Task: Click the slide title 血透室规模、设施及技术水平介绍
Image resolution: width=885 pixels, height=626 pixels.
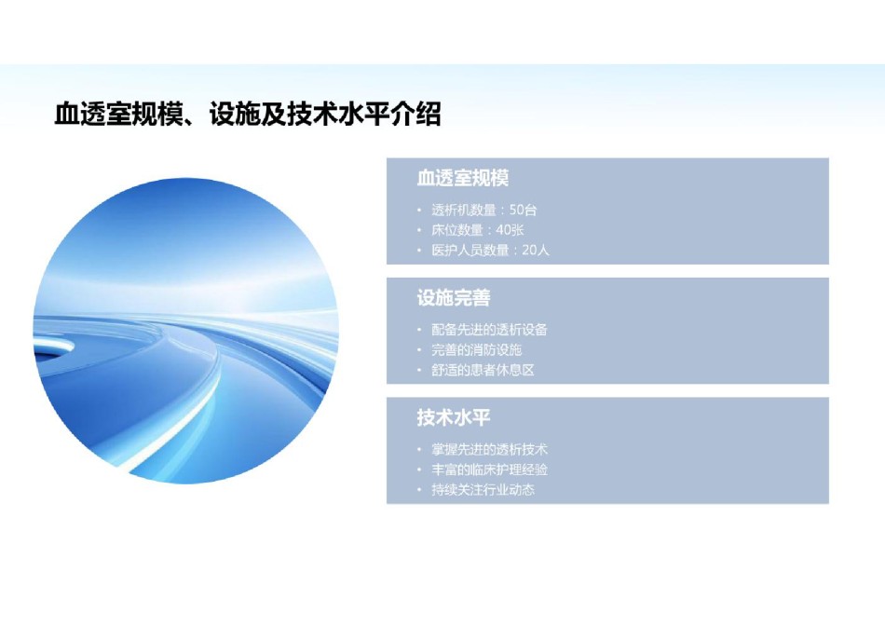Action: [247, 114]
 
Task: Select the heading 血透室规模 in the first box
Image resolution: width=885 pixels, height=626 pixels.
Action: [463, 178]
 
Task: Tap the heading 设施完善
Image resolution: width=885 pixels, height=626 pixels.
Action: [454, 298]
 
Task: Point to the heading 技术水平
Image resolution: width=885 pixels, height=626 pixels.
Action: [454, 417]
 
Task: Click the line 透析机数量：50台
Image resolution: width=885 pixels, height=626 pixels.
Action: [484, 210]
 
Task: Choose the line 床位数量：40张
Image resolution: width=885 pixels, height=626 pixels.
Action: [478, 230]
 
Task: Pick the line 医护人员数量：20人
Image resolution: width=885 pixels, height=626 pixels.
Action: [490, 250]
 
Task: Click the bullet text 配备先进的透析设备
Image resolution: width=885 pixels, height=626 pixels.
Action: [489, 330]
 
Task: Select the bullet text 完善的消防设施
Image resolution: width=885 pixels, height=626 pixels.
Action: [477, 350]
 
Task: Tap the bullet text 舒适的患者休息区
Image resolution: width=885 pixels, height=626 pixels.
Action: [483, 370]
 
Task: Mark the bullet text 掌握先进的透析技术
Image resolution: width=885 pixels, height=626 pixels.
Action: [489, 449]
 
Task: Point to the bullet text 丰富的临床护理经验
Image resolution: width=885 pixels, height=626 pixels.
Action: [489, 469]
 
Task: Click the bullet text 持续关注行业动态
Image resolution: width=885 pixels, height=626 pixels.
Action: [483, 489]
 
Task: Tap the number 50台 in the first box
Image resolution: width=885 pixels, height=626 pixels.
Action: [524, 210]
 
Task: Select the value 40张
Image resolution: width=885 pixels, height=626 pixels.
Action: [511, 230]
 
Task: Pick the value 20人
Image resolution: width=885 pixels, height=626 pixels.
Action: [536, 250]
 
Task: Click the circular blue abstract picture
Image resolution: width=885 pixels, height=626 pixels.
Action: [185, 331]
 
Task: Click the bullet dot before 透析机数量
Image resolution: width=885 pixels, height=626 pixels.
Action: [419, 211]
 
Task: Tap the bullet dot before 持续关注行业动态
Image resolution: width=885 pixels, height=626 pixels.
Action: [419, 490]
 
